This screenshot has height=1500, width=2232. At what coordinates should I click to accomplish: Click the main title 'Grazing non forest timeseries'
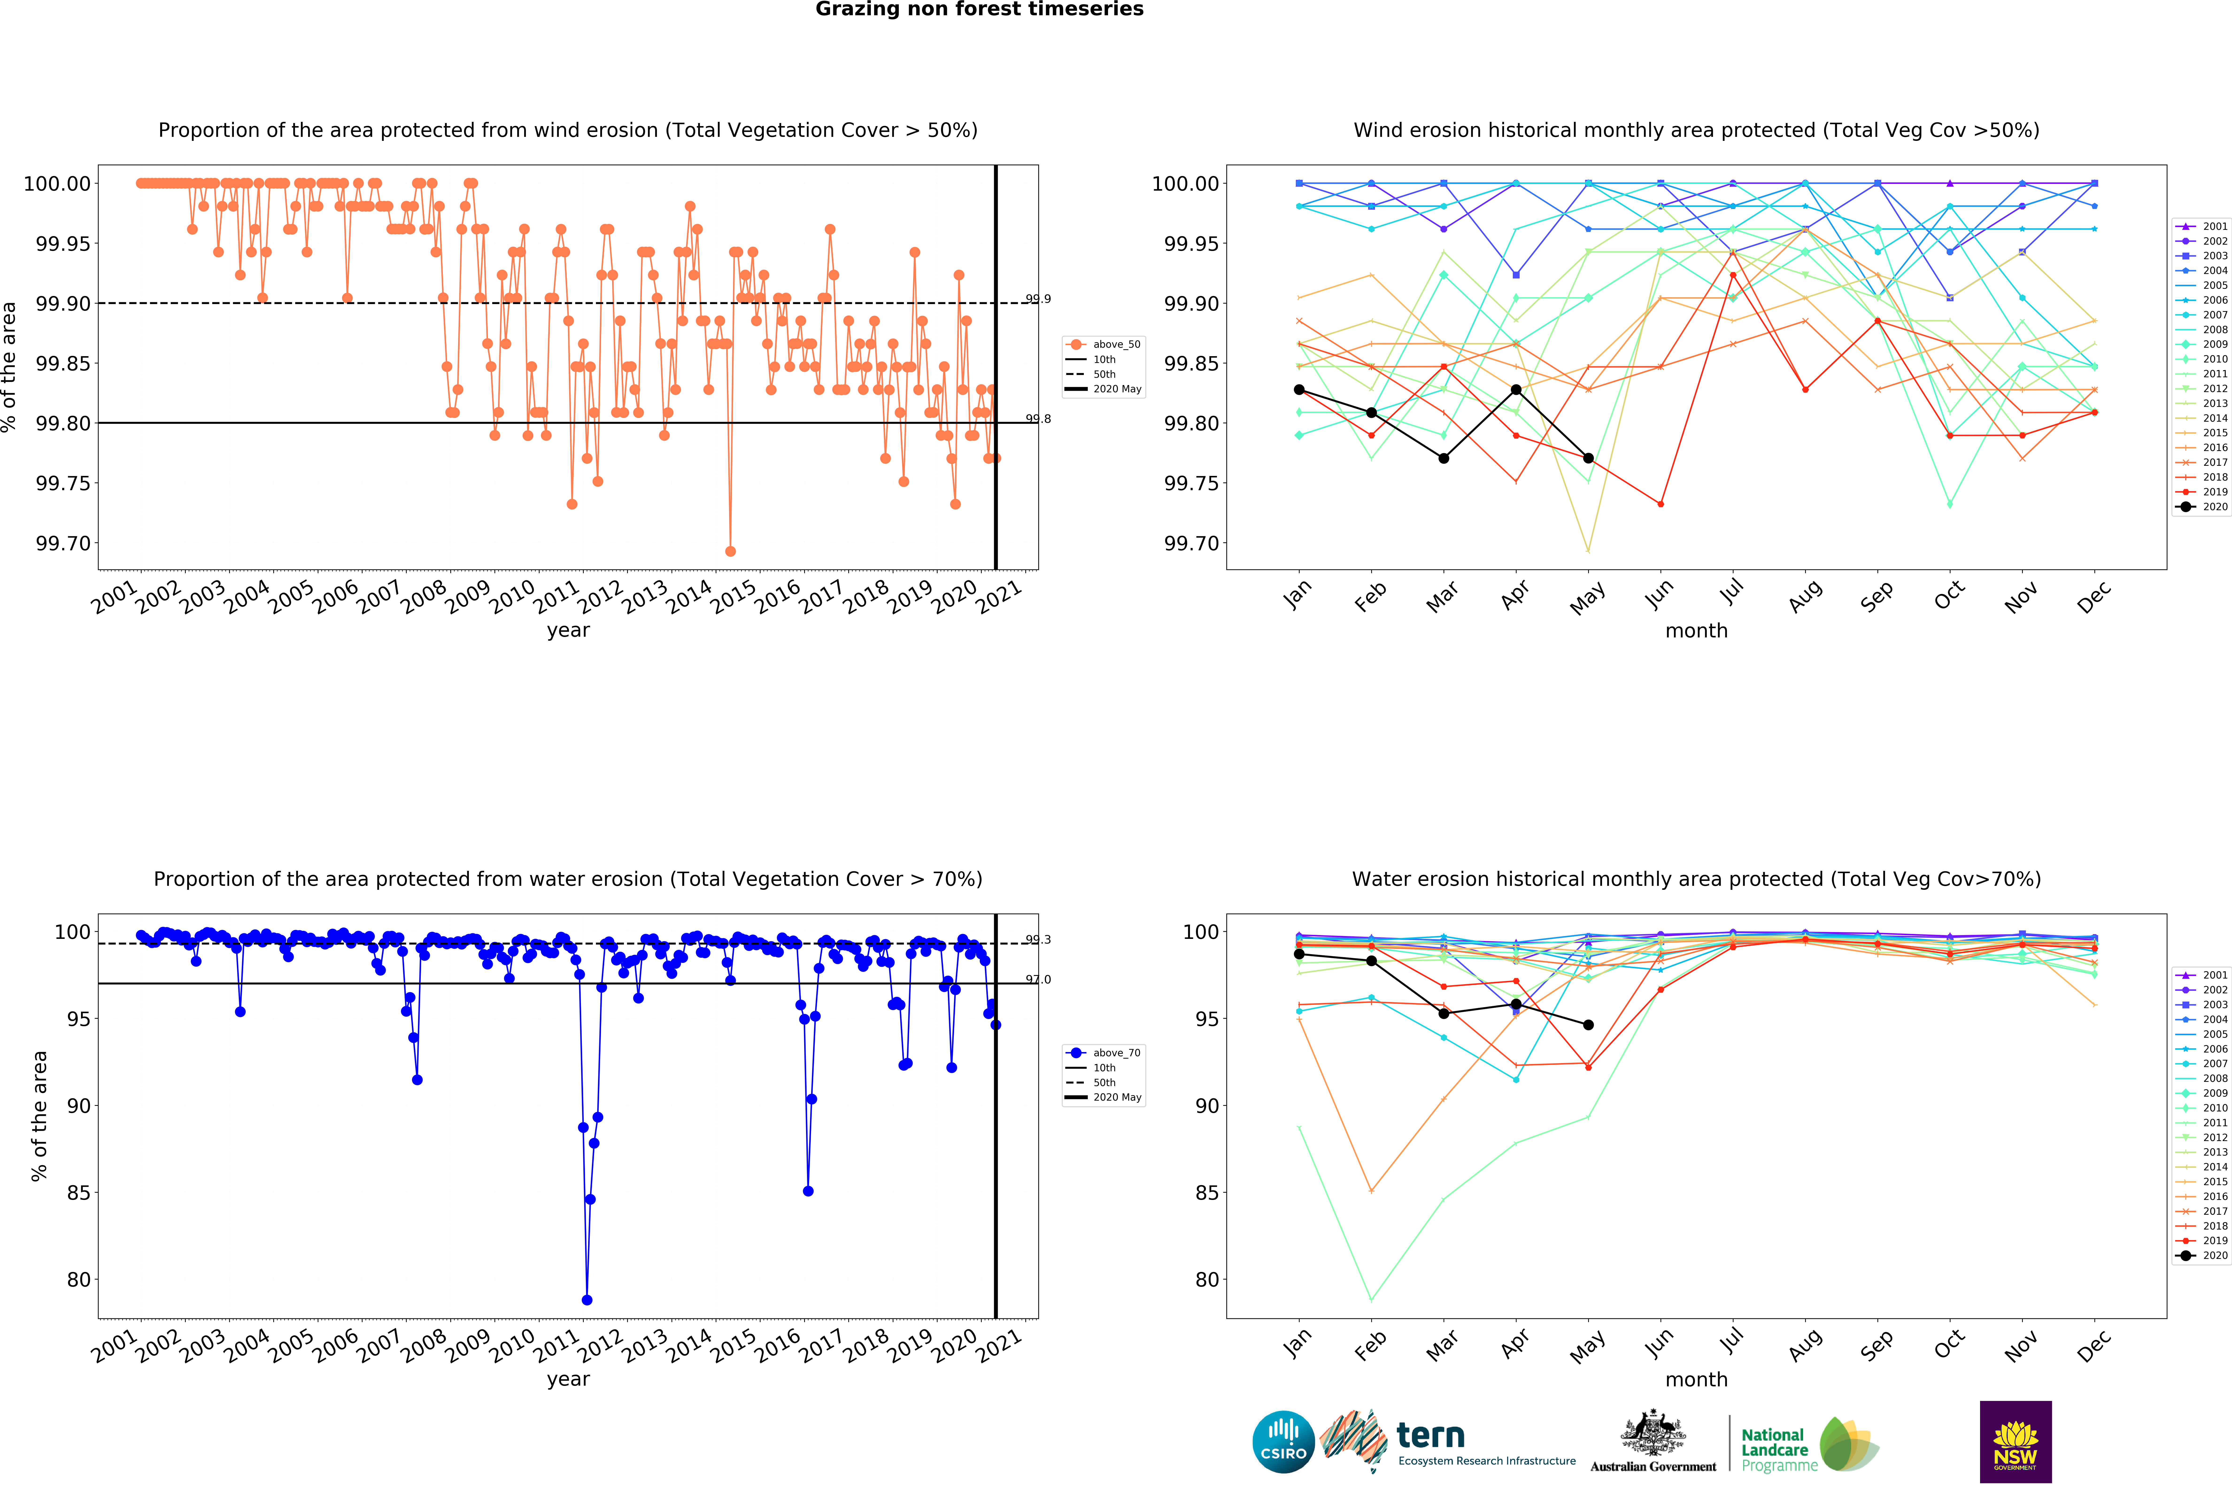coord(979,10)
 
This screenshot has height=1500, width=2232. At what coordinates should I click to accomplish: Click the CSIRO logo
coord(1283,1442)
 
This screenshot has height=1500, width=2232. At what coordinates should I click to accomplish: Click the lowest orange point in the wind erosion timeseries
coord(730,551)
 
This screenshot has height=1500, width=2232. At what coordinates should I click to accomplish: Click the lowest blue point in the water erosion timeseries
coord(587,1300)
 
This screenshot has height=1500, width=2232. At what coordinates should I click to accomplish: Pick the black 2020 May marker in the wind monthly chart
coord(1588,458)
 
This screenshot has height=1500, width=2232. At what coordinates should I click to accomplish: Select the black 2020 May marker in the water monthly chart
coord(1588,1025)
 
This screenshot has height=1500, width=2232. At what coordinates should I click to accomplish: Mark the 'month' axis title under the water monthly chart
coord(1696,1380)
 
